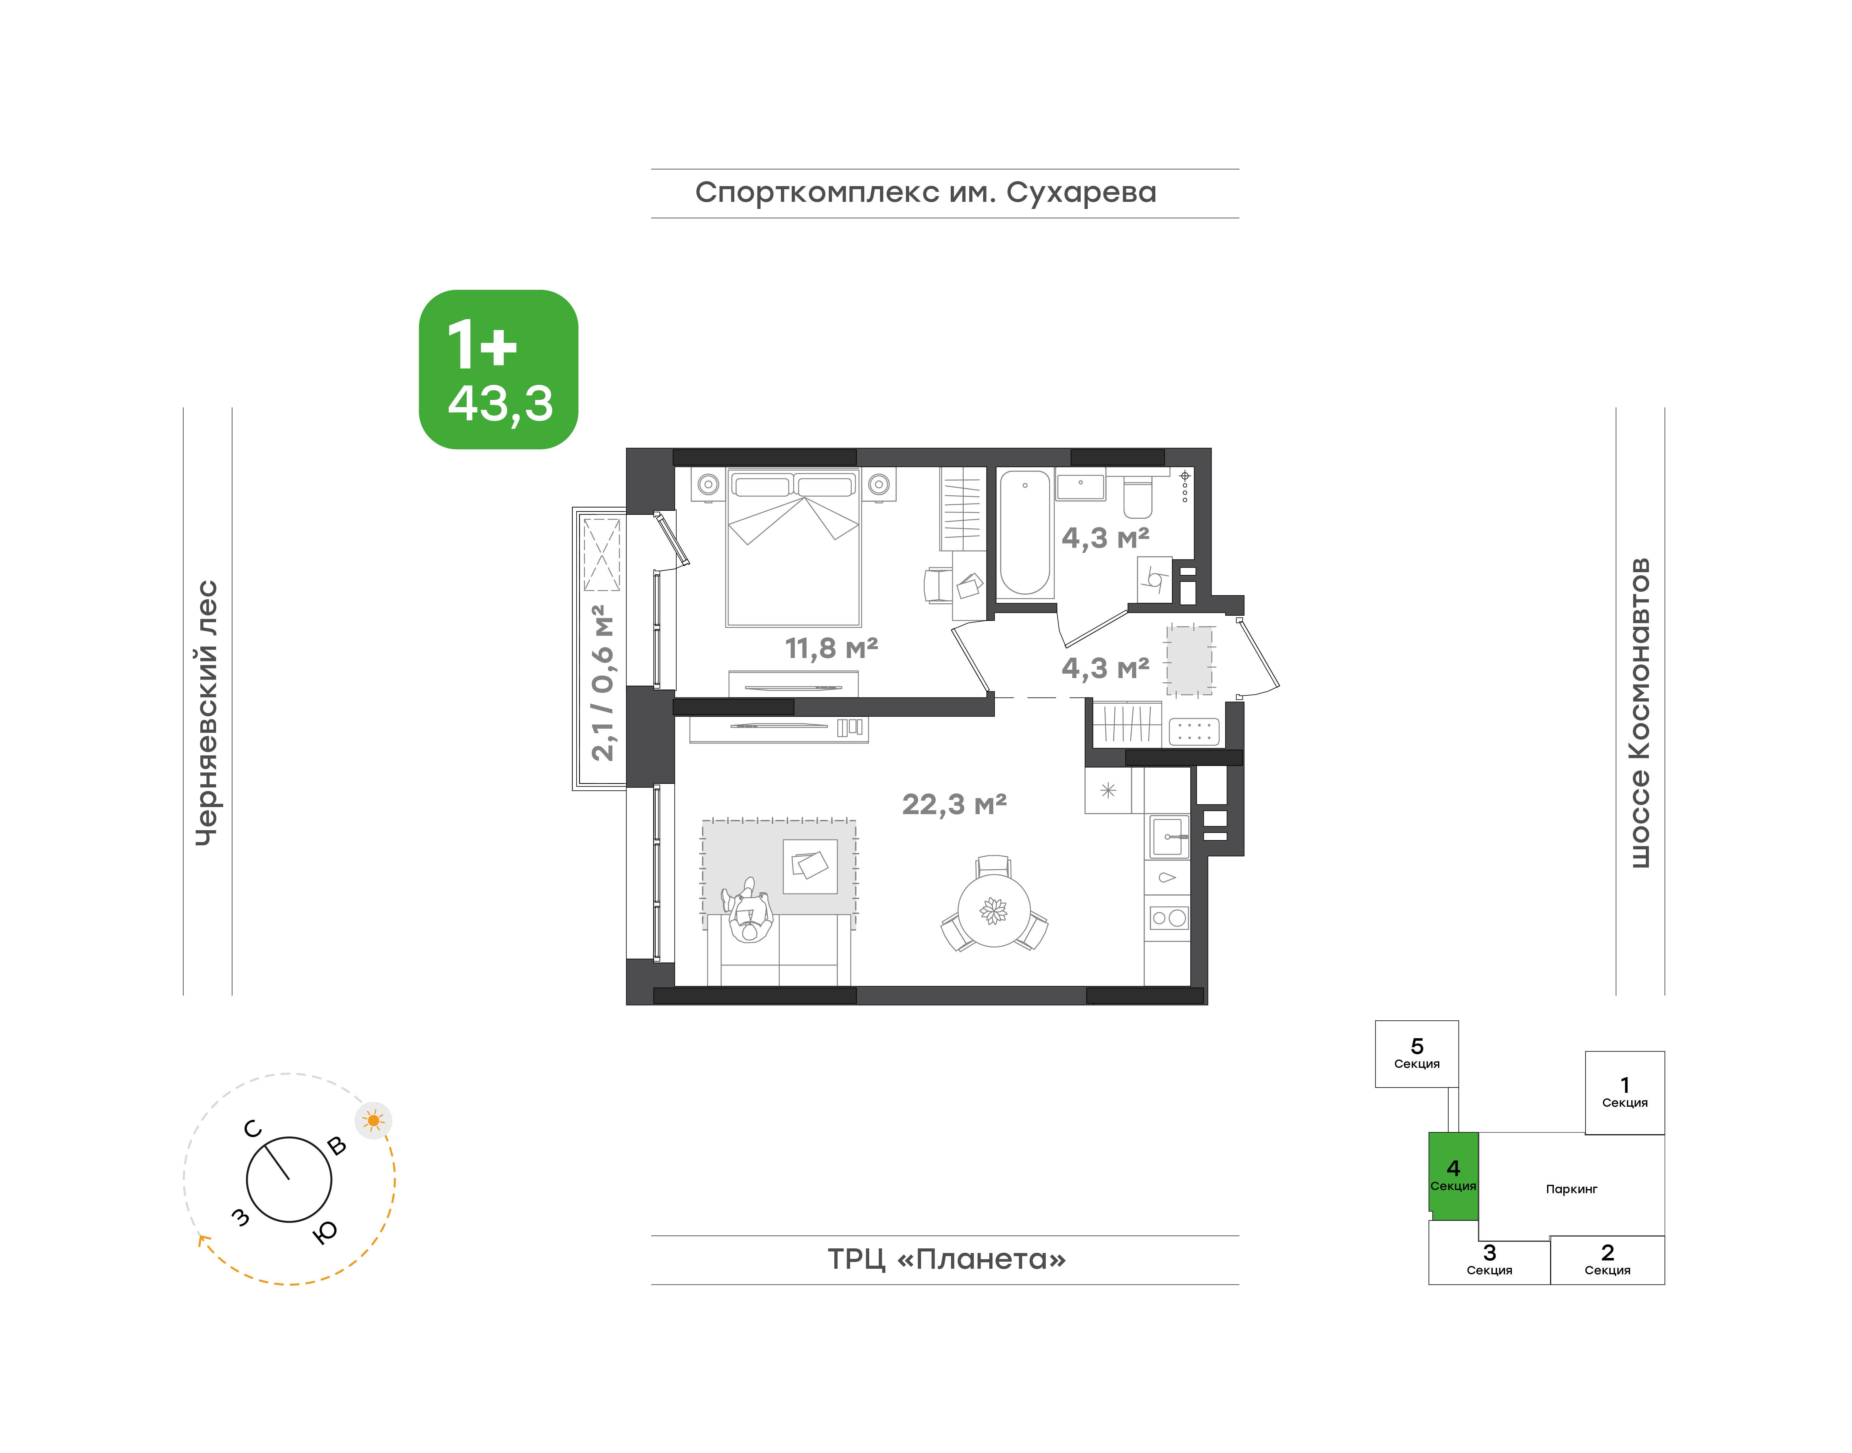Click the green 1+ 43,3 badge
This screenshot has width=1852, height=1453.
(x=498, y=369)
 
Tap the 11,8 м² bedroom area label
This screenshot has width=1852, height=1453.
(x=831, y=648)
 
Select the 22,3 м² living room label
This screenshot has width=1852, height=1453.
(x=954, y=804)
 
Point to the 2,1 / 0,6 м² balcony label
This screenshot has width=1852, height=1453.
(x=602, y=683)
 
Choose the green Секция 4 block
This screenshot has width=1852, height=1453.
(x=1453, y=1176)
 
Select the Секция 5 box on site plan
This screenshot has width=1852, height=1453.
(x=1416, y=1054)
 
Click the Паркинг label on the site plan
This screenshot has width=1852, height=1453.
(x=1571, y=1189)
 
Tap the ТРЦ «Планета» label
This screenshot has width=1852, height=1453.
(x=946, y=1259)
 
